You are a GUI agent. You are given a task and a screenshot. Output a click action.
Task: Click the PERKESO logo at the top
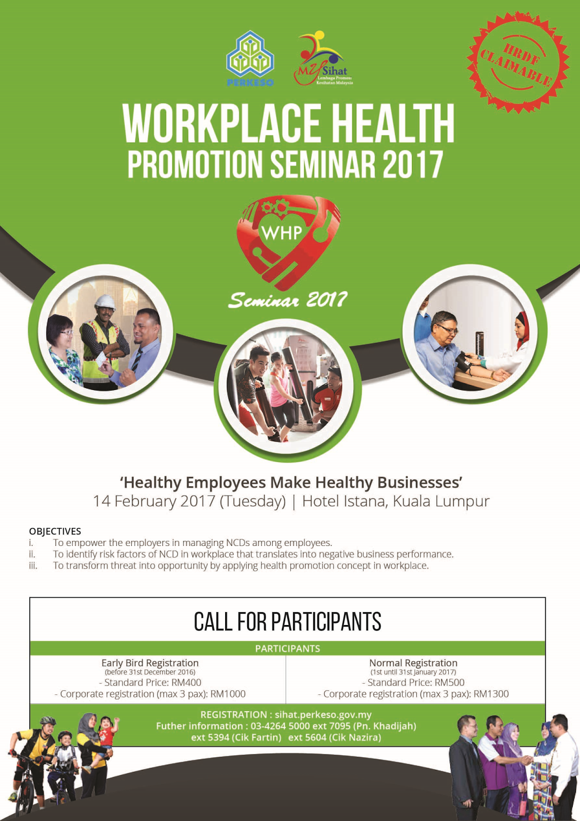[x=250, y=58]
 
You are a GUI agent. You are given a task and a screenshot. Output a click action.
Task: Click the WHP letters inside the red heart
[x=282, y=233]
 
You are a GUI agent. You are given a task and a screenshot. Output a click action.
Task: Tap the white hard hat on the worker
[x=106, y=302]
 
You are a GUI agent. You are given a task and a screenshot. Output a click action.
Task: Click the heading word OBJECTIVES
[x=55, y=531]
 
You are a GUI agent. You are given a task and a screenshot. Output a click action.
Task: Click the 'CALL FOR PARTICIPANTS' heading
[x=287, y=621]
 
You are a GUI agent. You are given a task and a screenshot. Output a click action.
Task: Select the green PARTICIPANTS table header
[x=287, y=649]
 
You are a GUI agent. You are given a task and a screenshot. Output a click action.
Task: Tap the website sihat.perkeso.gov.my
[x=323, y=714]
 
